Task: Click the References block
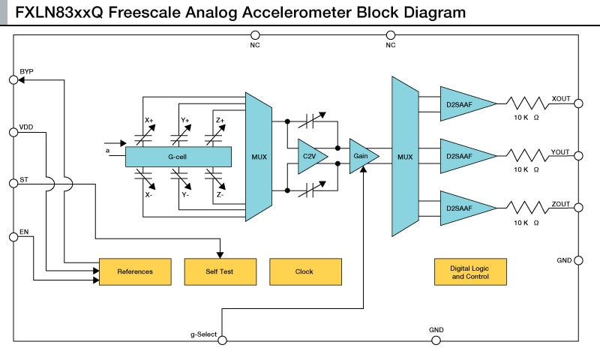[x=135, y=271]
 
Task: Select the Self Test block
[x=220, y=271]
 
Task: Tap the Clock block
[x=304, y=271]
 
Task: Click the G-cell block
[x=178, y=156]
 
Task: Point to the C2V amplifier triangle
[x=307, y=156]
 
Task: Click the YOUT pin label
[x=560, y=151]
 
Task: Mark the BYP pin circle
[x=13, y=79]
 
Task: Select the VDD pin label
[x=26, y=126]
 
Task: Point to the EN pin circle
[x=13, y=237]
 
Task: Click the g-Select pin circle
[x=222, y=340]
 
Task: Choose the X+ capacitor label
[x=148, y=120]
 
